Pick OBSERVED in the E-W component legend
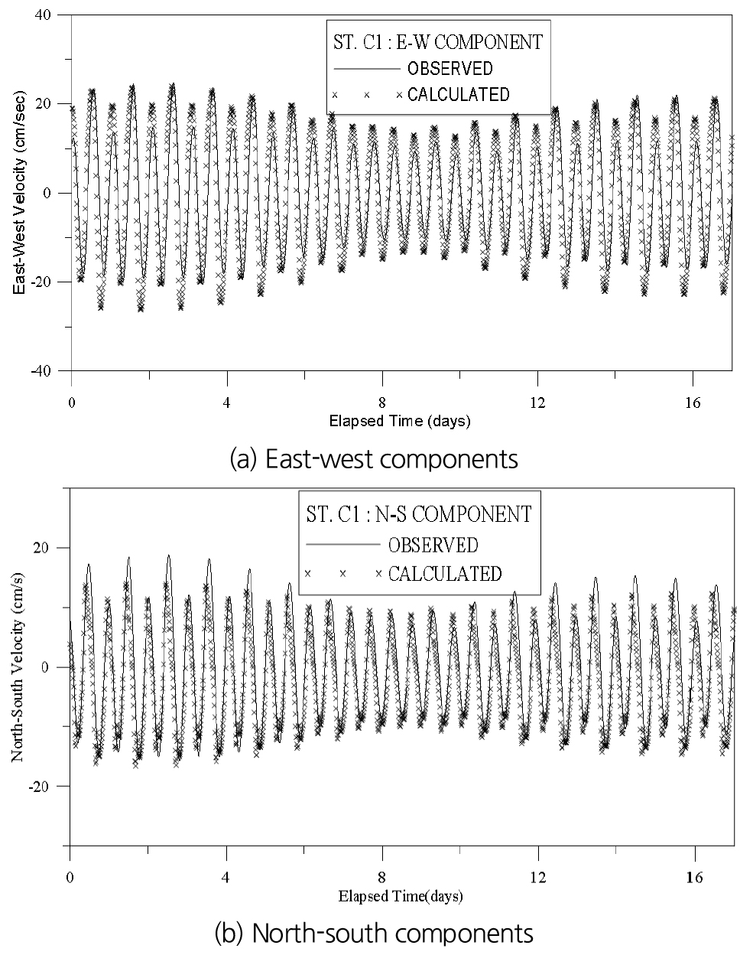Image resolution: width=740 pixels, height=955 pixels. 450,68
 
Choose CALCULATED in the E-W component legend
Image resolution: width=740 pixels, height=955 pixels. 458,95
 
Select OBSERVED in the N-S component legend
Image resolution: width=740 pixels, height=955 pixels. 433,545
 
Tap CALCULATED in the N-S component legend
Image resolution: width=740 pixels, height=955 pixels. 445,573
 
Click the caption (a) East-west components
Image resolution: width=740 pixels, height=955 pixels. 374,459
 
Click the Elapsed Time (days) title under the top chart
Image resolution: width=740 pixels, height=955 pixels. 400,421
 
